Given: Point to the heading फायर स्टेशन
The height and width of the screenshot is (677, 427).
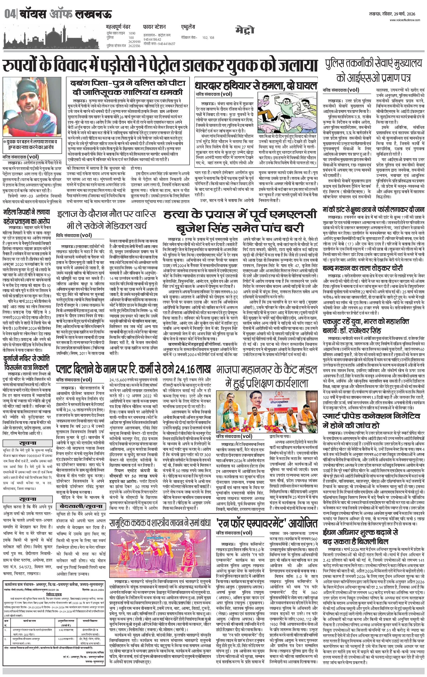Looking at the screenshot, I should click(154, 27).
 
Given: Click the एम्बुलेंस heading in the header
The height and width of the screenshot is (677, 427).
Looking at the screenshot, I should click(188, 27).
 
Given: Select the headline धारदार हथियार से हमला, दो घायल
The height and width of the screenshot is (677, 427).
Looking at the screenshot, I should click(255, 85).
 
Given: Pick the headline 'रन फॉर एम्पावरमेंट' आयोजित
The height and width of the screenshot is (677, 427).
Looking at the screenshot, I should click(266, 523).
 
